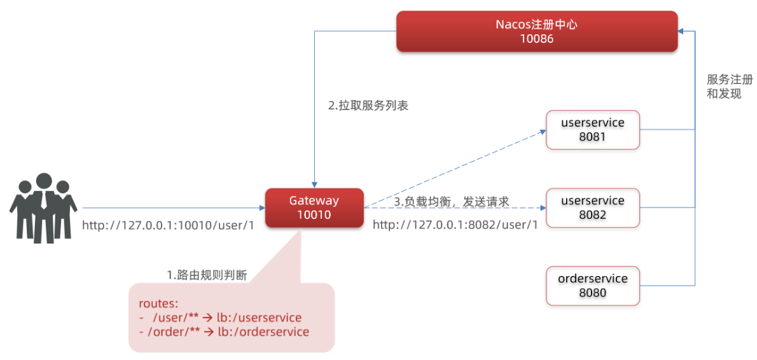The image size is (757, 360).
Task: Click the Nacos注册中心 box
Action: [537, 31]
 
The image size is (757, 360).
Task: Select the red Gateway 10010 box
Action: [314, 207]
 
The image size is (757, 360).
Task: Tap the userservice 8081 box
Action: [593, 130]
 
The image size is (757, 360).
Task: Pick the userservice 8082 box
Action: [593, 207]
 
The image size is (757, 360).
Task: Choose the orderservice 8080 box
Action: [593, 286]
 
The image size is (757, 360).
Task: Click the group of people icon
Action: [43, 207]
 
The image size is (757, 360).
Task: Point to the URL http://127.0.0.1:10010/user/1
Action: [168, 225]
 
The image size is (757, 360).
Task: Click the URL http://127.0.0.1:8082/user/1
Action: [455, 225]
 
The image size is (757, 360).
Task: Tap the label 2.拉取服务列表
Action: [368, 106]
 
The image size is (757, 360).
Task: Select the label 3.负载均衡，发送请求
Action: [452, 202]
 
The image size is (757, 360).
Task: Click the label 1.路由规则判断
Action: [207, 275]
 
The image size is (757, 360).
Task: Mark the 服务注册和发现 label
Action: [729, 87]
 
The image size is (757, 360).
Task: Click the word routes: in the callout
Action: [155, 303]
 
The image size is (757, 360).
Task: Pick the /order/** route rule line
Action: [223, 332]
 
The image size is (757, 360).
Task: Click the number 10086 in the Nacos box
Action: [537, 39]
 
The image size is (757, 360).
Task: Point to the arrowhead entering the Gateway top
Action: [314, 183]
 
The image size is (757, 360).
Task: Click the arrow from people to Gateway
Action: [172, 207]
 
